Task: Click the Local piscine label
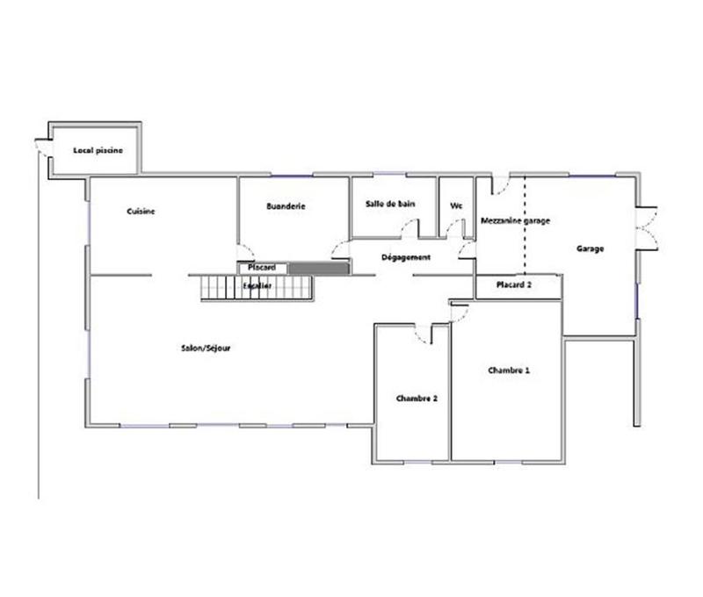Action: (98, 150)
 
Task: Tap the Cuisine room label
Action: (141, 212)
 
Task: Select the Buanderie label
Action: (286, 206)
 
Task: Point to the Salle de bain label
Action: (390, 204)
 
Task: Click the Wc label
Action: (456, 205)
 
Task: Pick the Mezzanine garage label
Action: (515, 221)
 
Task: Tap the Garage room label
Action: (590, 249)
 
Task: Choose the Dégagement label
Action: (406, 257)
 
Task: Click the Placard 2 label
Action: (514, 285)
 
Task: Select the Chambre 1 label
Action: (509, 370)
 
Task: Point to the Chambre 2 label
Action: (417, 398)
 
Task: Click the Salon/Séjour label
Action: (207, 348)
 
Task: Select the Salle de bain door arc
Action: (409, 229)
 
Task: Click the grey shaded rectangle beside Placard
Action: (319, 267)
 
